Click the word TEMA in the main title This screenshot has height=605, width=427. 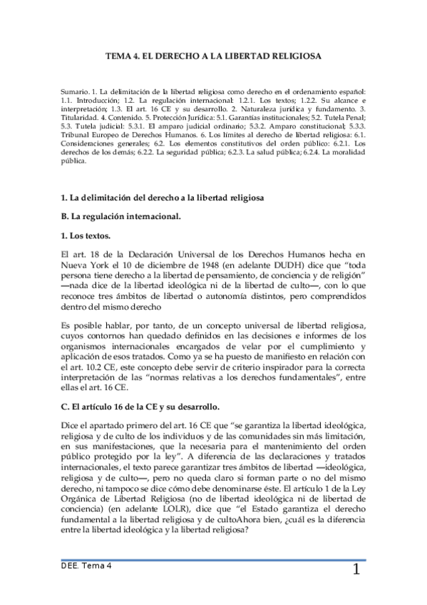click(x=119, y=54)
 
